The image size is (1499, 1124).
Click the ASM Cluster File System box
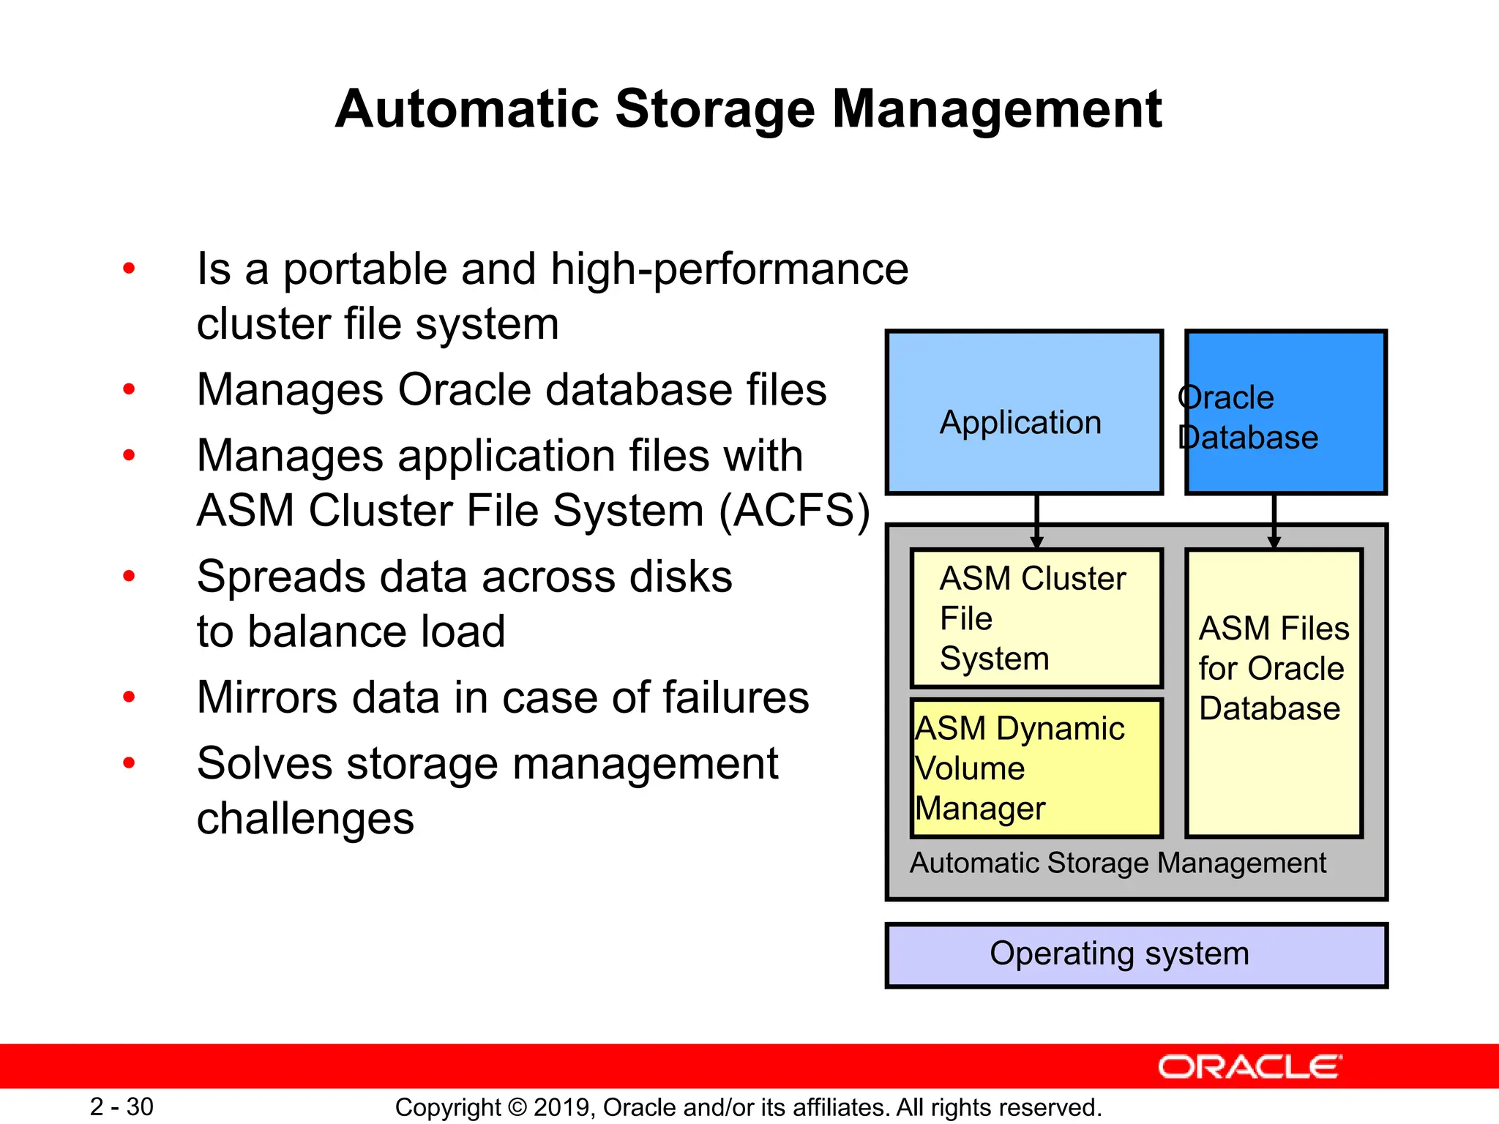1036,618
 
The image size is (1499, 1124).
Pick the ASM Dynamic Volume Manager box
1036,768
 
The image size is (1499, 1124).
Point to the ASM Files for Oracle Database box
1274,692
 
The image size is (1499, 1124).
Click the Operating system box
1136,955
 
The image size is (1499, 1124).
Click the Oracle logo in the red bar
1250,1067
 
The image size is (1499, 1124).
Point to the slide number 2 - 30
122,1106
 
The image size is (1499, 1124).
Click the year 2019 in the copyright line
564,1107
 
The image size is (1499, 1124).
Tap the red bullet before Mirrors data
130,697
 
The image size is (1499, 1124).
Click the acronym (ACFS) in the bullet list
795,511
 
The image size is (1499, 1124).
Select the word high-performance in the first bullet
729,269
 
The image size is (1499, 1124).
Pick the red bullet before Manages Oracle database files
130,389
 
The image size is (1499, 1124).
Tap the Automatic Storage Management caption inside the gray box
1118,863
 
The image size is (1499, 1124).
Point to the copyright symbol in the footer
517,1107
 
